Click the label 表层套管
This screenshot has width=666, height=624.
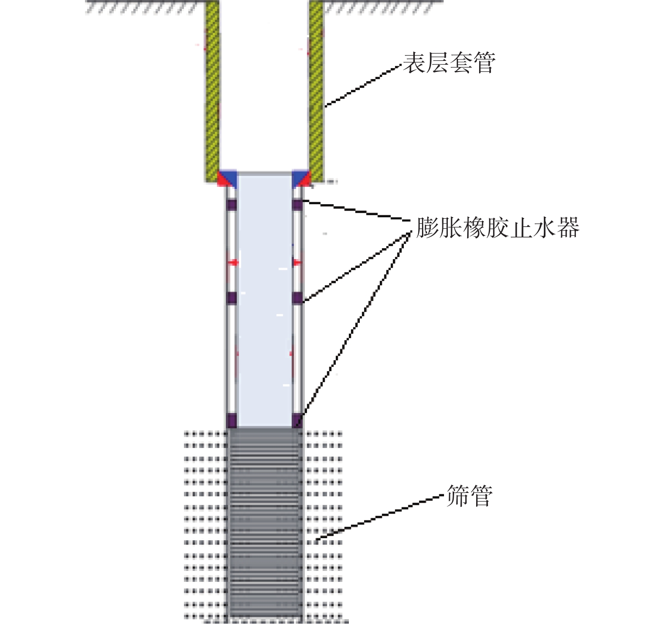point(449,63)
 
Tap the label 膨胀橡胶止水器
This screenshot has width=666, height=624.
point(497,228)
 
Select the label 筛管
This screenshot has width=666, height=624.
point(469,495)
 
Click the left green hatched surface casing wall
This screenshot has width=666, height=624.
point(212,91)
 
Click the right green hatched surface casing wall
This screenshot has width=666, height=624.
point(316,91)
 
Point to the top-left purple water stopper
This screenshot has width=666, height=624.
point(232,205)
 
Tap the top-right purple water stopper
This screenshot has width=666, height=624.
point(298,205)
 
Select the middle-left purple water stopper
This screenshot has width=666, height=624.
point(232,298)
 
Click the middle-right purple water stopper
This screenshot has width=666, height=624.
point(298,298)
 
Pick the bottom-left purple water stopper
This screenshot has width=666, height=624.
point(231,421)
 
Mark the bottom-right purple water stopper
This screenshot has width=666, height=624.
point(298,421)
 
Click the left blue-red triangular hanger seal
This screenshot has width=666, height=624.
point(227,178)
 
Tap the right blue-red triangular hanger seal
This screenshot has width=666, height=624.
point(301,178)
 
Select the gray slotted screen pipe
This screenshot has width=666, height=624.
point(265,524)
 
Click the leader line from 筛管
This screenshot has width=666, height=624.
point(381,518)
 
